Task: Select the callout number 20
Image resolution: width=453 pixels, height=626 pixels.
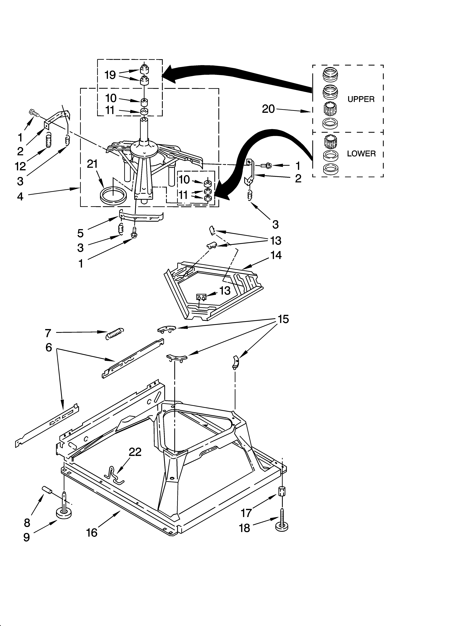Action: tap(268, 109)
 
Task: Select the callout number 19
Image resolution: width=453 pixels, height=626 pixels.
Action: tap(110, 75)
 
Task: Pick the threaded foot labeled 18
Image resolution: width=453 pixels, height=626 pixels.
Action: tap(282, 525)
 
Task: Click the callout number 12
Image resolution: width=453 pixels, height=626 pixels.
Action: tap(20, 166)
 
